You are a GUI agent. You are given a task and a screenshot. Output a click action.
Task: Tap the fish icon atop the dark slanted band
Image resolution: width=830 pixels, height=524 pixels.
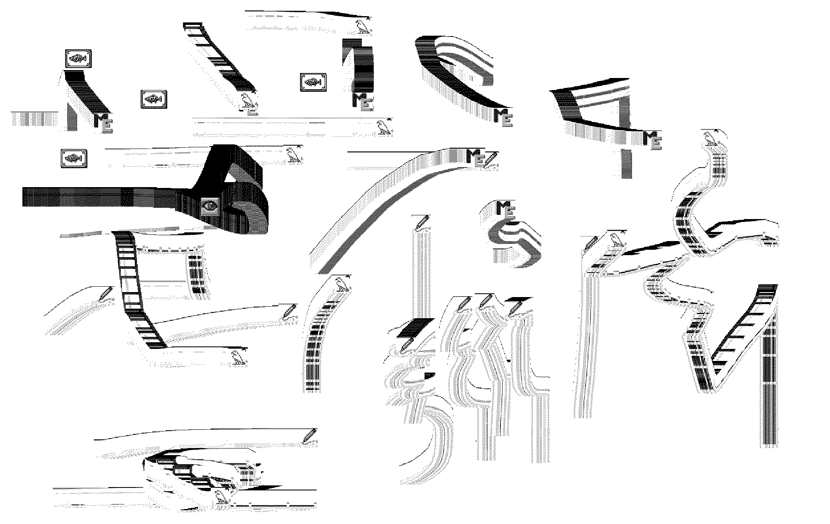pyautogui.click(x=78, y=59)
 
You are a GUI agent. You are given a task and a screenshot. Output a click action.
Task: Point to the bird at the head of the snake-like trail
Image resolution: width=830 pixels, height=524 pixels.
pyautogui.click(x=710, y=139)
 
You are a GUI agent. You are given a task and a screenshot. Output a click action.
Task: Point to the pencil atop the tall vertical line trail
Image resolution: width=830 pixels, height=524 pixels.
pyautogui.click(x=422, y=222)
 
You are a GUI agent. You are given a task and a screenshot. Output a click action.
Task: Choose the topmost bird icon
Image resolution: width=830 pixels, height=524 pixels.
pyautogui.click(x=363, y=27)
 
